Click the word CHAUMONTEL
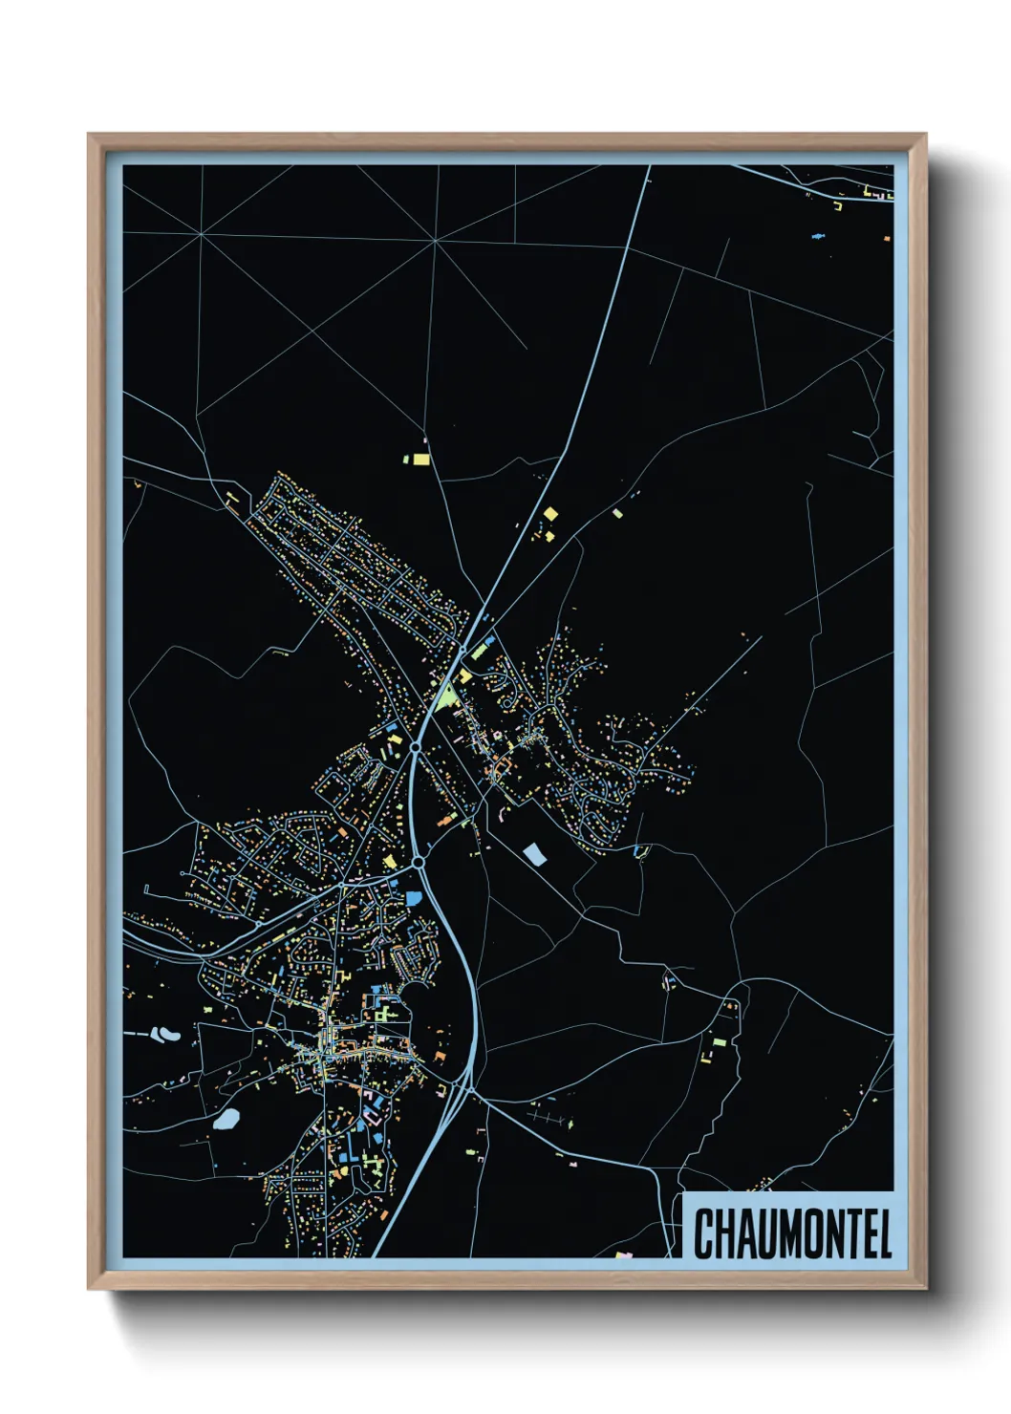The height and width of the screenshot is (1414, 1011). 792,1233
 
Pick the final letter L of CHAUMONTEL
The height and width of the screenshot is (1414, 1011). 884,1233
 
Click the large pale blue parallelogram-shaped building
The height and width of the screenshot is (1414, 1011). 535,854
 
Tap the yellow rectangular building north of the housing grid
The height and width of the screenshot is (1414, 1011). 420,460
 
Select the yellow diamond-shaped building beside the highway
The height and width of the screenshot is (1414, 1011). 549,514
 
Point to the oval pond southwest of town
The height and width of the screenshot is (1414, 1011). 226,1119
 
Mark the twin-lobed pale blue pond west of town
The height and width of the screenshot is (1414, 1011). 166,1033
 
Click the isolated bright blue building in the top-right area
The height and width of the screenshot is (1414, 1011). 818,234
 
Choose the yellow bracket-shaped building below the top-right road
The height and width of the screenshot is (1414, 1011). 838,204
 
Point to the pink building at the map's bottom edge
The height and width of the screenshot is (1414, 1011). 626,1254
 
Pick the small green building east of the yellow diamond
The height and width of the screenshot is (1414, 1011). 617,513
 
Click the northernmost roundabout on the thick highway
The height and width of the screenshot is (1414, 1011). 462,650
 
